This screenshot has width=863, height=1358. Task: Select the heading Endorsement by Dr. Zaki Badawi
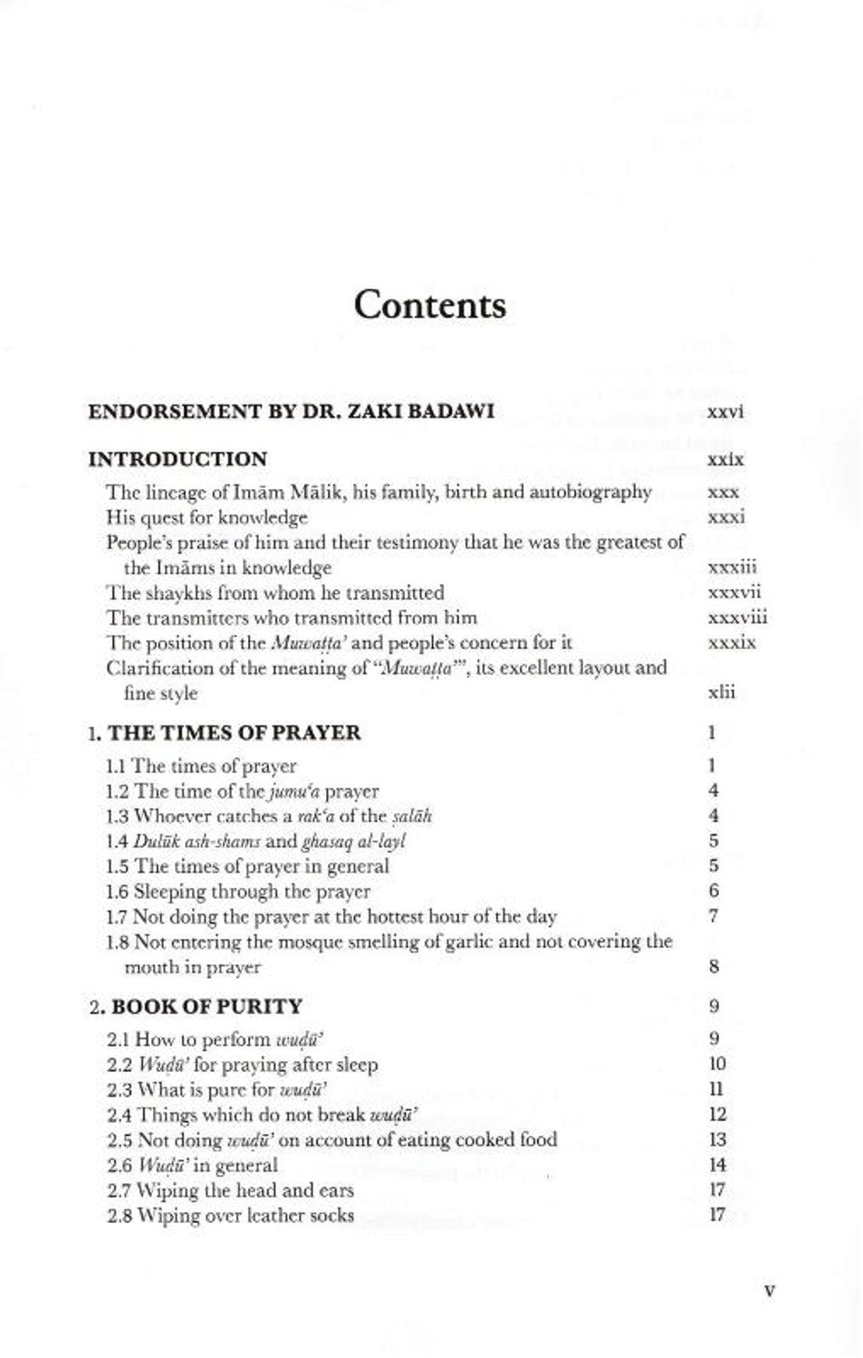291,411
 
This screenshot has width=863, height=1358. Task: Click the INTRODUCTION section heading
177,458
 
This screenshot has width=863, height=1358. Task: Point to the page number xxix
724,460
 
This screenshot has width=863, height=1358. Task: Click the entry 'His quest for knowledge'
206,517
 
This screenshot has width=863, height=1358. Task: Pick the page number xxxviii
736,618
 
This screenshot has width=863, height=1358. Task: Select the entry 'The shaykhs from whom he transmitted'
274,593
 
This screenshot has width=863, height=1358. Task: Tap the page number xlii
721,693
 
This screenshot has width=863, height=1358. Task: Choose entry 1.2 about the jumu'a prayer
242,790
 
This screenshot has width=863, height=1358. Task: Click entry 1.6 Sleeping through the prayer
238,891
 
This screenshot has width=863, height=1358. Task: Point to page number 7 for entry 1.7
714,915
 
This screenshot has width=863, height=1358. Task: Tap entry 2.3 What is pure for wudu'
216,1089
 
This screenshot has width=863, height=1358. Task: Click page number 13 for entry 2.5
717,1140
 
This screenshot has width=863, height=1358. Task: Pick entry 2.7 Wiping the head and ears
230,1190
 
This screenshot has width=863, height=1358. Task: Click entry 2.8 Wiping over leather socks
230,1215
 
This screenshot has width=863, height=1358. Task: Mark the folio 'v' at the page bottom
769,1290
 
